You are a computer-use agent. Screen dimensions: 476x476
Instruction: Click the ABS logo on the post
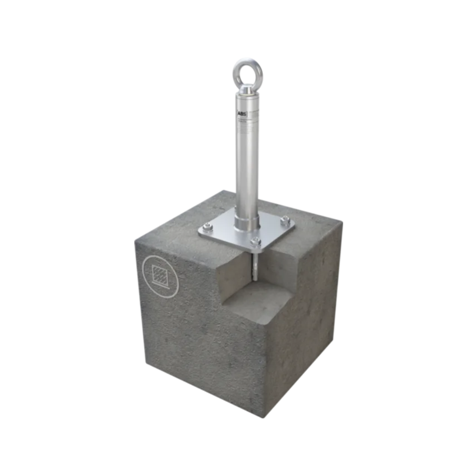tap(242, 113)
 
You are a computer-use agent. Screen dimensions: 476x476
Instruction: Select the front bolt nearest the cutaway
tap(255, 241)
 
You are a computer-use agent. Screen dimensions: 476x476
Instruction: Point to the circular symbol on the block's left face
tap(160, 276)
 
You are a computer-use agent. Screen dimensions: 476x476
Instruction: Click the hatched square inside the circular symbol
tap(160, 276)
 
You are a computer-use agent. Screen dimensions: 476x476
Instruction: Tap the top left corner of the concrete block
tap(136, 242)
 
